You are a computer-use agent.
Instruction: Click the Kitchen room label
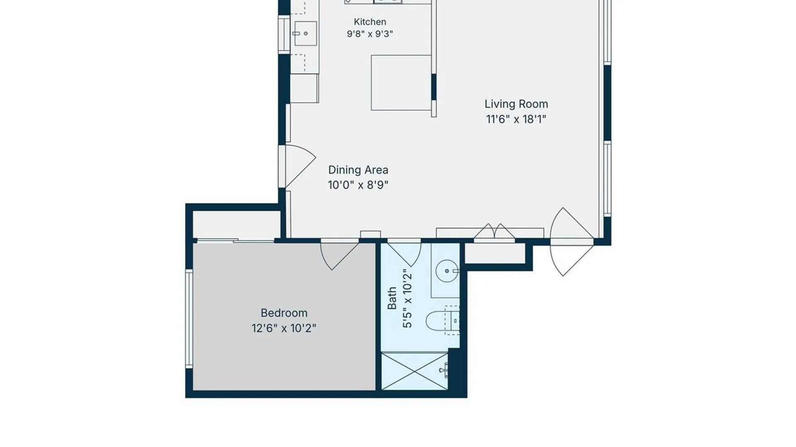(x=370, y=22)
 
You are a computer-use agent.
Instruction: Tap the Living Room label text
(x=516, y=104)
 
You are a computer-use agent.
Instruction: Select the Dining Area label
(x=358, y=170)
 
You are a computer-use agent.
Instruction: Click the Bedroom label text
(x=284, y=313)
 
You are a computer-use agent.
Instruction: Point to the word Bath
(x=392, y=298)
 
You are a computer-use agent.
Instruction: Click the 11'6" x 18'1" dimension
(x=516, y=119)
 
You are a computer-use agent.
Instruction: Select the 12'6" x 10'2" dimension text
(x=284, y=328)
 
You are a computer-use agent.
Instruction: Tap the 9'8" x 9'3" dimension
(x=370, y=34)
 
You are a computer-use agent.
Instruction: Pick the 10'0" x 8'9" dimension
(x=358, y=185)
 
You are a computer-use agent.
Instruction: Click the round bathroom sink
(x=447, y=271)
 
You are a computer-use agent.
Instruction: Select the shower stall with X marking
(x=415, y=371)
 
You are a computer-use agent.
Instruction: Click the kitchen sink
(x=306, y=34)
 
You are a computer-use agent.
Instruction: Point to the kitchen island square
(x=401, y=83)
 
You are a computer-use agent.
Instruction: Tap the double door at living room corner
(x=572, y=242)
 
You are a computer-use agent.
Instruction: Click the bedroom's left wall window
(x=189, y=319)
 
